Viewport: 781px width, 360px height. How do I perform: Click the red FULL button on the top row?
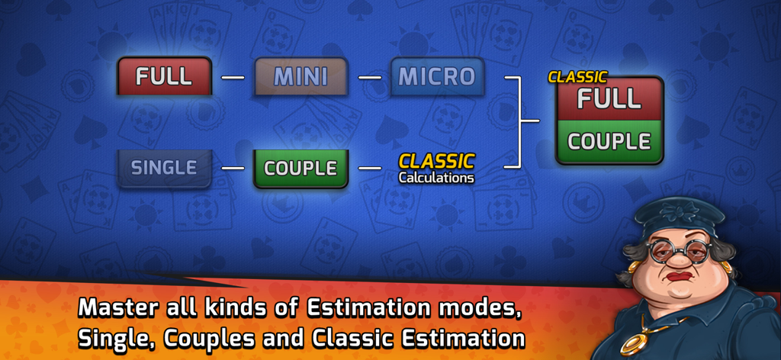(164, 76)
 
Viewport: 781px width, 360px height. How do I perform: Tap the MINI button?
(301, 76)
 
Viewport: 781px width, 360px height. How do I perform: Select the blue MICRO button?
(437, 76)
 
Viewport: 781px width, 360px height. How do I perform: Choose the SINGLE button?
(164, 168)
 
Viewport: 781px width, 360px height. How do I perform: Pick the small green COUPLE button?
(301, 168)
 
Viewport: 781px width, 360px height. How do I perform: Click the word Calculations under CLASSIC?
(435, 178)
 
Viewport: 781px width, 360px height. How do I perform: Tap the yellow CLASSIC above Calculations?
(436, 161)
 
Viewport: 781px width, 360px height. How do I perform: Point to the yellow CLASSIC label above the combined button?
(577, 77)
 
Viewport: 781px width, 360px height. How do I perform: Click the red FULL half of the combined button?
(609, 99)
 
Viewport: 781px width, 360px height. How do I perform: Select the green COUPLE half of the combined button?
(609, 141)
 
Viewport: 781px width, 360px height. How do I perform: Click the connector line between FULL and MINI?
(233, 77)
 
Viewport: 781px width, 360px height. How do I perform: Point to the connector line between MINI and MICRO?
(369, 77)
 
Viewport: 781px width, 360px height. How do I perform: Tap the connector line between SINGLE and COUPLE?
(233, 168)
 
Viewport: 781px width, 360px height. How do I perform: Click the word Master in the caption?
(122, 308)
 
